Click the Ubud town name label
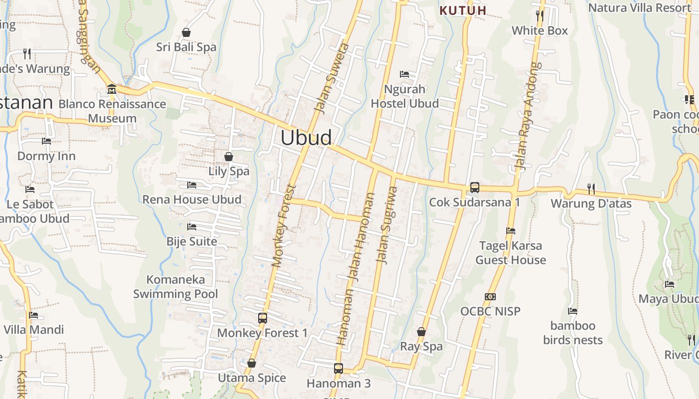point(306,138)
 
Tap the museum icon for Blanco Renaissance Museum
point(112,89)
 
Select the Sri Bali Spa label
point(186,47)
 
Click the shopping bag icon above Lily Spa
point(229,157)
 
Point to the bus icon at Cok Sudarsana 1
point(474,188)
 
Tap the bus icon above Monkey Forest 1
point(263,318)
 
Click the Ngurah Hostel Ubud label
point(405,96)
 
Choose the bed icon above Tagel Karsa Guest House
point(510,231)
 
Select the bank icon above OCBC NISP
point(490,297)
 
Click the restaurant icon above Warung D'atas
point(591,189)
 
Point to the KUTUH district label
point(463,10)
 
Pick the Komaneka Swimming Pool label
point(176,287)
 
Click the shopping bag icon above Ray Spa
point(421,332)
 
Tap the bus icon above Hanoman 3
point(339,369)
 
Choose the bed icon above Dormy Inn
point(46,141)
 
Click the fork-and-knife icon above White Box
point(539,15)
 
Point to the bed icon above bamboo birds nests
point(573,311)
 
